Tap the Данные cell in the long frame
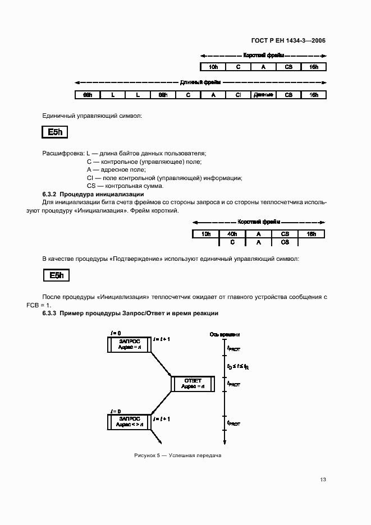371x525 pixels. [x=263, y=95]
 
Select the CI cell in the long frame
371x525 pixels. [x=238, y=95]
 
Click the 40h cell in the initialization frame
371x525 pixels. [x=232, y=234]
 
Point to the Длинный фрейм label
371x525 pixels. [x=200, y=82]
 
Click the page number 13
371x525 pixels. [x=322, y=480]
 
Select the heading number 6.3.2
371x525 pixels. [x=50, y=194]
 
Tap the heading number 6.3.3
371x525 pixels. [x=50, y=312]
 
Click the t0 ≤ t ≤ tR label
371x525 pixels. [x=238, y=366]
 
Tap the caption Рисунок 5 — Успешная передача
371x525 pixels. [x=178, y=455]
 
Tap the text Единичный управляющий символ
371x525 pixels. [x=92, y=116]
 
